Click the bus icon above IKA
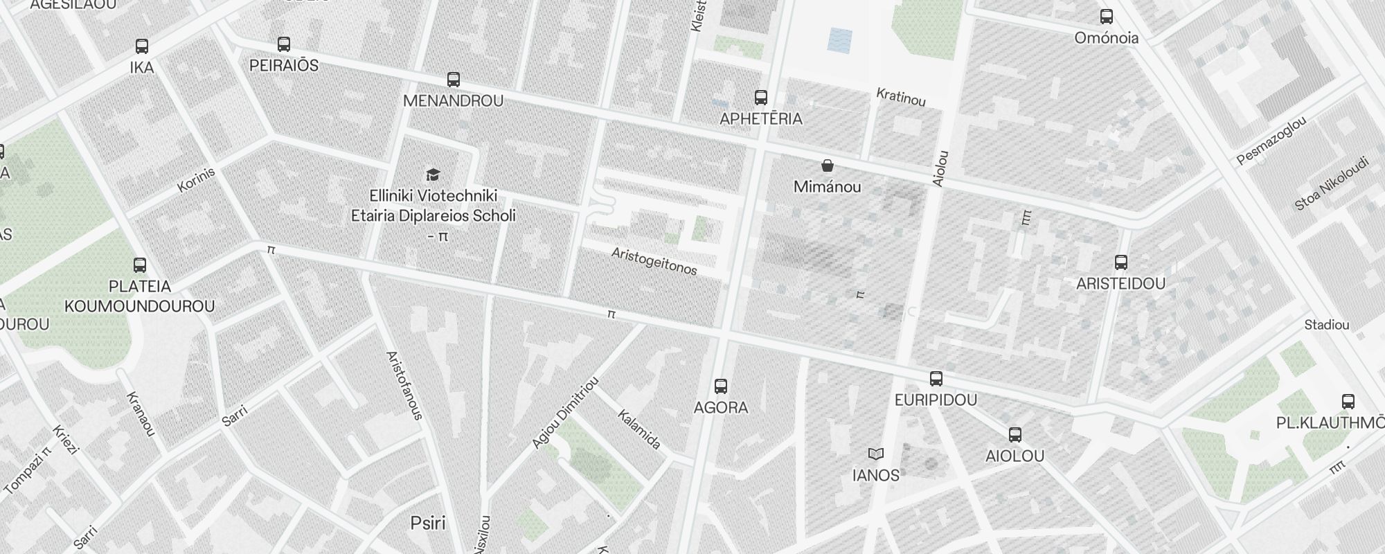142,46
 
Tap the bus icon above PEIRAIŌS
283,44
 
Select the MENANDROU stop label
453,101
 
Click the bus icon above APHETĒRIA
761,98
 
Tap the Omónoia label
1106,38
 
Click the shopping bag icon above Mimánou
827,166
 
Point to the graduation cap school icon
433,175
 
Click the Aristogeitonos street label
654,262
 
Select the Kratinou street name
900,97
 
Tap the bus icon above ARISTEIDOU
1121,262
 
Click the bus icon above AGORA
721,386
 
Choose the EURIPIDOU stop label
936,400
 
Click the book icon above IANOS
876,454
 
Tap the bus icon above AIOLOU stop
1015,435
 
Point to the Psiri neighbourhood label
428,523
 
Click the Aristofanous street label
404,386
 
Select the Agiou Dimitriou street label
564,413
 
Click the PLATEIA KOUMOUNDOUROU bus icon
140,265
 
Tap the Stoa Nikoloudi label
1332,184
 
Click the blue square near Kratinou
840,40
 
